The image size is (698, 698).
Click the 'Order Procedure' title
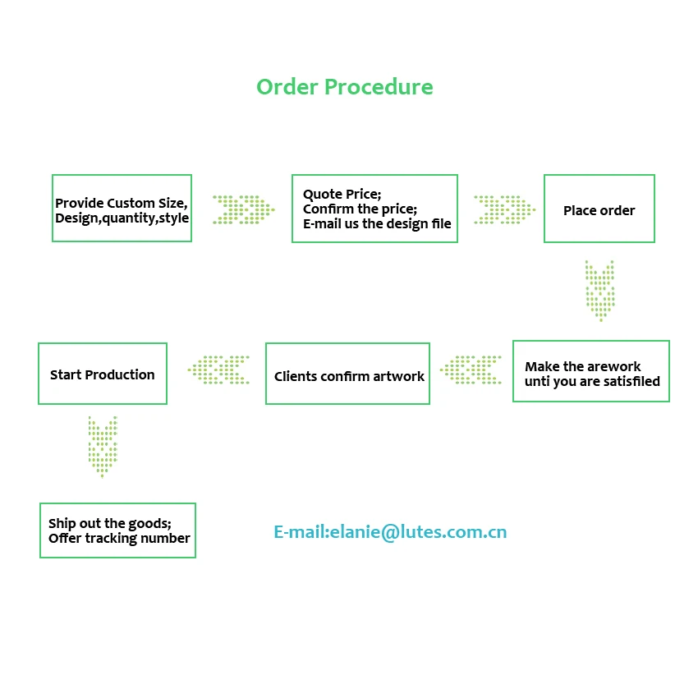[x=344, y=87]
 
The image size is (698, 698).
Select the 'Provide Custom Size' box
[x=122, y=209]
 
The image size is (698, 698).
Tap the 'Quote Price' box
[x=374, y=209]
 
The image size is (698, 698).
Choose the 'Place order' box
[x=599, y=209]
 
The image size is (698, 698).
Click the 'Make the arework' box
[x=590, y=371]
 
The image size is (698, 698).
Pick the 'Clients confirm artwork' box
[x=347, y=374]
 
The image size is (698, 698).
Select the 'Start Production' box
[x=103, y=374]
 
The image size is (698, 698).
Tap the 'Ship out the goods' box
[x=117, y=530]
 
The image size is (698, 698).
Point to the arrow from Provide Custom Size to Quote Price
[x=242, y=209]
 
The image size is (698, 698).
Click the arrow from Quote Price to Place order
[x=503, y=209]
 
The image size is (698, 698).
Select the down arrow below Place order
[x=599, y=290]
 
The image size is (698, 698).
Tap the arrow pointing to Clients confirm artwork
[x=471, y=370]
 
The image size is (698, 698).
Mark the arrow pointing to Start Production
[x=218, y=370]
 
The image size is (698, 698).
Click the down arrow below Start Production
[x=103, y=446]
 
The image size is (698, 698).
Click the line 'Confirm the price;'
[x=360, y=209]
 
